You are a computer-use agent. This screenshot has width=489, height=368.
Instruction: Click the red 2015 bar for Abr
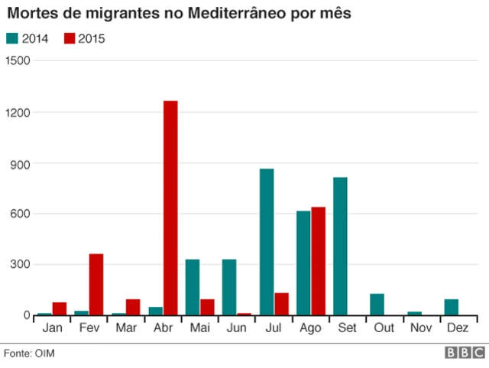[x=170, y=208]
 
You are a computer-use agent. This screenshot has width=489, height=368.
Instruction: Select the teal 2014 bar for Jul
[x=267, y=241]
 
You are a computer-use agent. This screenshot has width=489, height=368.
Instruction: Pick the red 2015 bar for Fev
[x=96, y=284]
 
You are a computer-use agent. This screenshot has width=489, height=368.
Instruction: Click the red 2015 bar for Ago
[x=319, y=260]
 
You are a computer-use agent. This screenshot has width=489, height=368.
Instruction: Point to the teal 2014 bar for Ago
[x=303, y=263]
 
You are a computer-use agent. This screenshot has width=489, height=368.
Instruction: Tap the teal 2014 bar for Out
[x=377, y=304]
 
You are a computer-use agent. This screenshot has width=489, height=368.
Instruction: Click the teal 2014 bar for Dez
[x=452, y=307]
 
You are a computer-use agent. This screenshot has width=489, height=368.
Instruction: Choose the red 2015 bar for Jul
[x=282, y=304]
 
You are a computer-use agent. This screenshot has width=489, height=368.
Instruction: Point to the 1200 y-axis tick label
[x=16, y=112]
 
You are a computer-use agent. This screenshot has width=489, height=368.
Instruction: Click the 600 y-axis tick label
[x=19, y=214]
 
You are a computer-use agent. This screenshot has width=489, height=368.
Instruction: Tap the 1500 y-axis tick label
[x=16, y=61]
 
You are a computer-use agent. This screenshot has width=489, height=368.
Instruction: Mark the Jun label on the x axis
[x=237, y=327]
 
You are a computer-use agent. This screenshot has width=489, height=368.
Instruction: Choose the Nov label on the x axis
[x=422, y=327]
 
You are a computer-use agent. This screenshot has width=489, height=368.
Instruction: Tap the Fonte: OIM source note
[x=30, y=353]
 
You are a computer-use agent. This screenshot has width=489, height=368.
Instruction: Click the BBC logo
[x=463, y=353]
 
